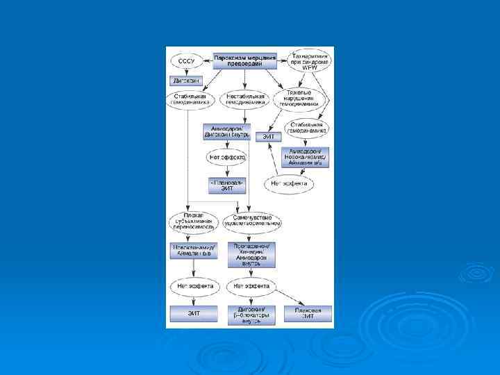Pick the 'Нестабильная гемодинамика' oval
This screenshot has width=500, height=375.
(x=244, y=99)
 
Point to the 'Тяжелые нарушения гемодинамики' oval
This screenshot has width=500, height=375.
(x=299, y=99)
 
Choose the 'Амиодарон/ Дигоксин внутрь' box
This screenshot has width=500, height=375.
(x=226, y=132)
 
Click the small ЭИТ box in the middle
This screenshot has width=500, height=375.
(x=269, y=137)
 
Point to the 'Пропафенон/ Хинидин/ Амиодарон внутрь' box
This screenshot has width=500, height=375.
(x=251, y=255)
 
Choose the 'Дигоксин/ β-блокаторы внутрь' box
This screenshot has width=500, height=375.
(x=251, y=315)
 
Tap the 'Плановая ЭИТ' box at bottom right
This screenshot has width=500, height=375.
(x=307, y=313)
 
